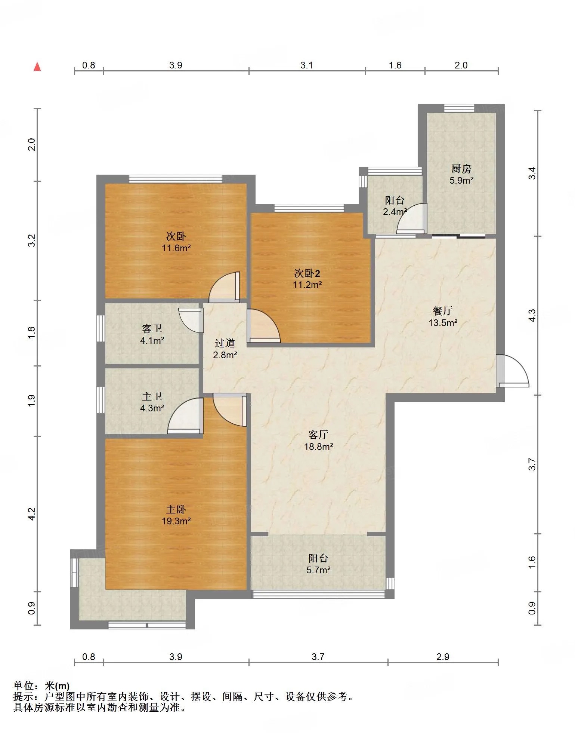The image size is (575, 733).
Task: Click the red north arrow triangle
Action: click(x=37, y=67)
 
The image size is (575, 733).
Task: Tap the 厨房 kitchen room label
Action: click(x=461, y=169)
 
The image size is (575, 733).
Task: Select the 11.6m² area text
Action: click(x=176, y=248)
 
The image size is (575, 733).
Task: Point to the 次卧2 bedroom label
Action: click(x=307, y=273)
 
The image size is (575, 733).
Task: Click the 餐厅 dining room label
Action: click(x=443, y=311)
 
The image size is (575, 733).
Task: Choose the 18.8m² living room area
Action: click(x=319, y=447)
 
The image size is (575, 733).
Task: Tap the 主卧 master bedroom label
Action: click(x=176, y=509)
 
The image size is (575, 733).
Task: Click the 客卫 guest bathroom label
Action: click(x=152, y=329)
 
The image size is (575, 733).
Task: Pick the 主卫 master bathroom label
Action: click(x=152, y=396)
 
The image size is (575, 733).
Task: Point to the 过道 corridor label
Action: click(x=225, y=343)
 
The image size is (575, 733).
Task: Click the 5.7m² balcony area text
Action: click(x=319, y=570)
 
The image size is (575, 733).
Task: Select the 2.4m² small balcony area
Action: click(x=395, y=212)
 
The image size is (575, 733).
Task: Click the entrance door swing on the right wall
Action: click(x=513, y=370)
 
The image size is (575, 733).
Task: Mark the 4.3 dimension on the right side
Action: click(x=532, y=316)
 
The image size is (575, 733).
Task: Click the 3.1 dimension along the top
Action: click(x=307, y=65)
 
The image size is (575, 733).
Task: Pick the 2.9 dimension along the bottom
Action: click(x=443, y=657)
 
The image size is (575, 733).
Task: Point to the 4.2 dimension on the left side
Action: click(x=32, y=514)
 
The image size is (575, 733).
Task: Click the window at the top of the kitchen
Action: click(x=459, y=108)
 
